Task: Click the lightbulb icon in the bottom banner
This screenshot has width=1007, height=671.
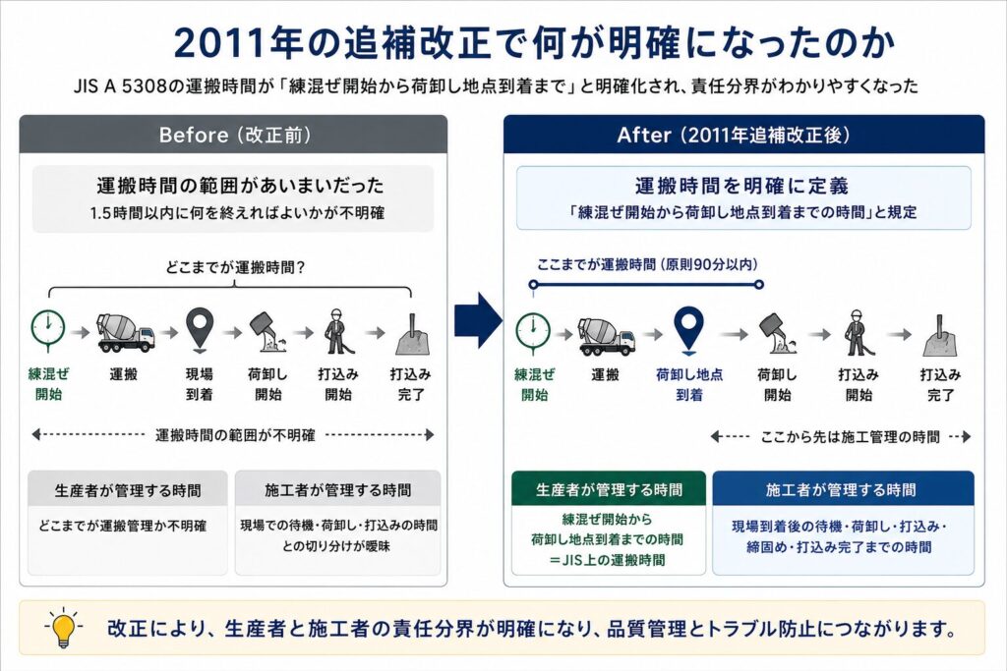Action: pos(63,627)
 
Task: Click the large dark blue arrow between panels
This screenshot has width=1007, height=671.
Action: pos(478,320)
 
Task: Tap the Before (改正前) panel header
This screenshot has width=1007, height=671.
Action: pos(234,135)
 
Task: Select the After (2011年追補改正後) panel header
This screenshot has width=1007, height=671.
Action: pos(743,135)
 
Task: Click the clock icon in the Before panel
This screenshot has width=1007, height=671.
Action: pos(48,330)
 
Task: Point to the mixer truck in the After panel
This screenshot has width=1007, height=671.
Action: pos(607,336)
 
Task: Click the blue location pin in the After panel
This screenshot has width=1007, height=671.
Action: pos(688,329)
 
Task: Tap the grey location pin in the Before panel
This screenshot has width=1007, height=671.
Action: pos(199,330)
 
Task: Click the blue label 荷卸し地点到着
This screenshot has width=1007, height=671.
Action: pos(689,384)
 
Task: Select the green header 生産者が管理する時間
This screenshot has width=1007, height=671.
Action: pos(609,490)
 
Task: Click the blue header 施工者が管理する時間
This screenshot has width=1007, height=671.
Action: pos(843,490)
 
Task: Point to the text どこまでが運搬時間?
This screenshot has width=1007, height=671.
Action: pos(234,267)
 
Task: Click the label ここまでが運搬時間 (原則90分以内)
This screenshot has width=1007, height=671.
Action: pos(647,264)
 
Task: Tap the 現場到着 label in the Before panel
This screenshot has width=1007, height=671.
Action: pos(199,384)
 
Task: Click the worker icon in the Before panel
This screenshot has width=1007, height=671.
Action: pos(337,331)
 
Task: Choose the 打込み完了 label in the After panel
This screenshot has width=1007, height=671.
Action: pos(940,384)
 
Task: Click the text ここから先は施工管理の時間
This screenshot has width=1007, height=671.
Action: pos(850,437)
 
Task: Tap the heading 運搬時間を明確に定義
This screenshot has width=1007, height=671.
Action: pos(742,186)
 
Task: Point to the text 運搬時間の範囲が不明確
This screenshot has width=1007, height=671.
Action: pos(235,435)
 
